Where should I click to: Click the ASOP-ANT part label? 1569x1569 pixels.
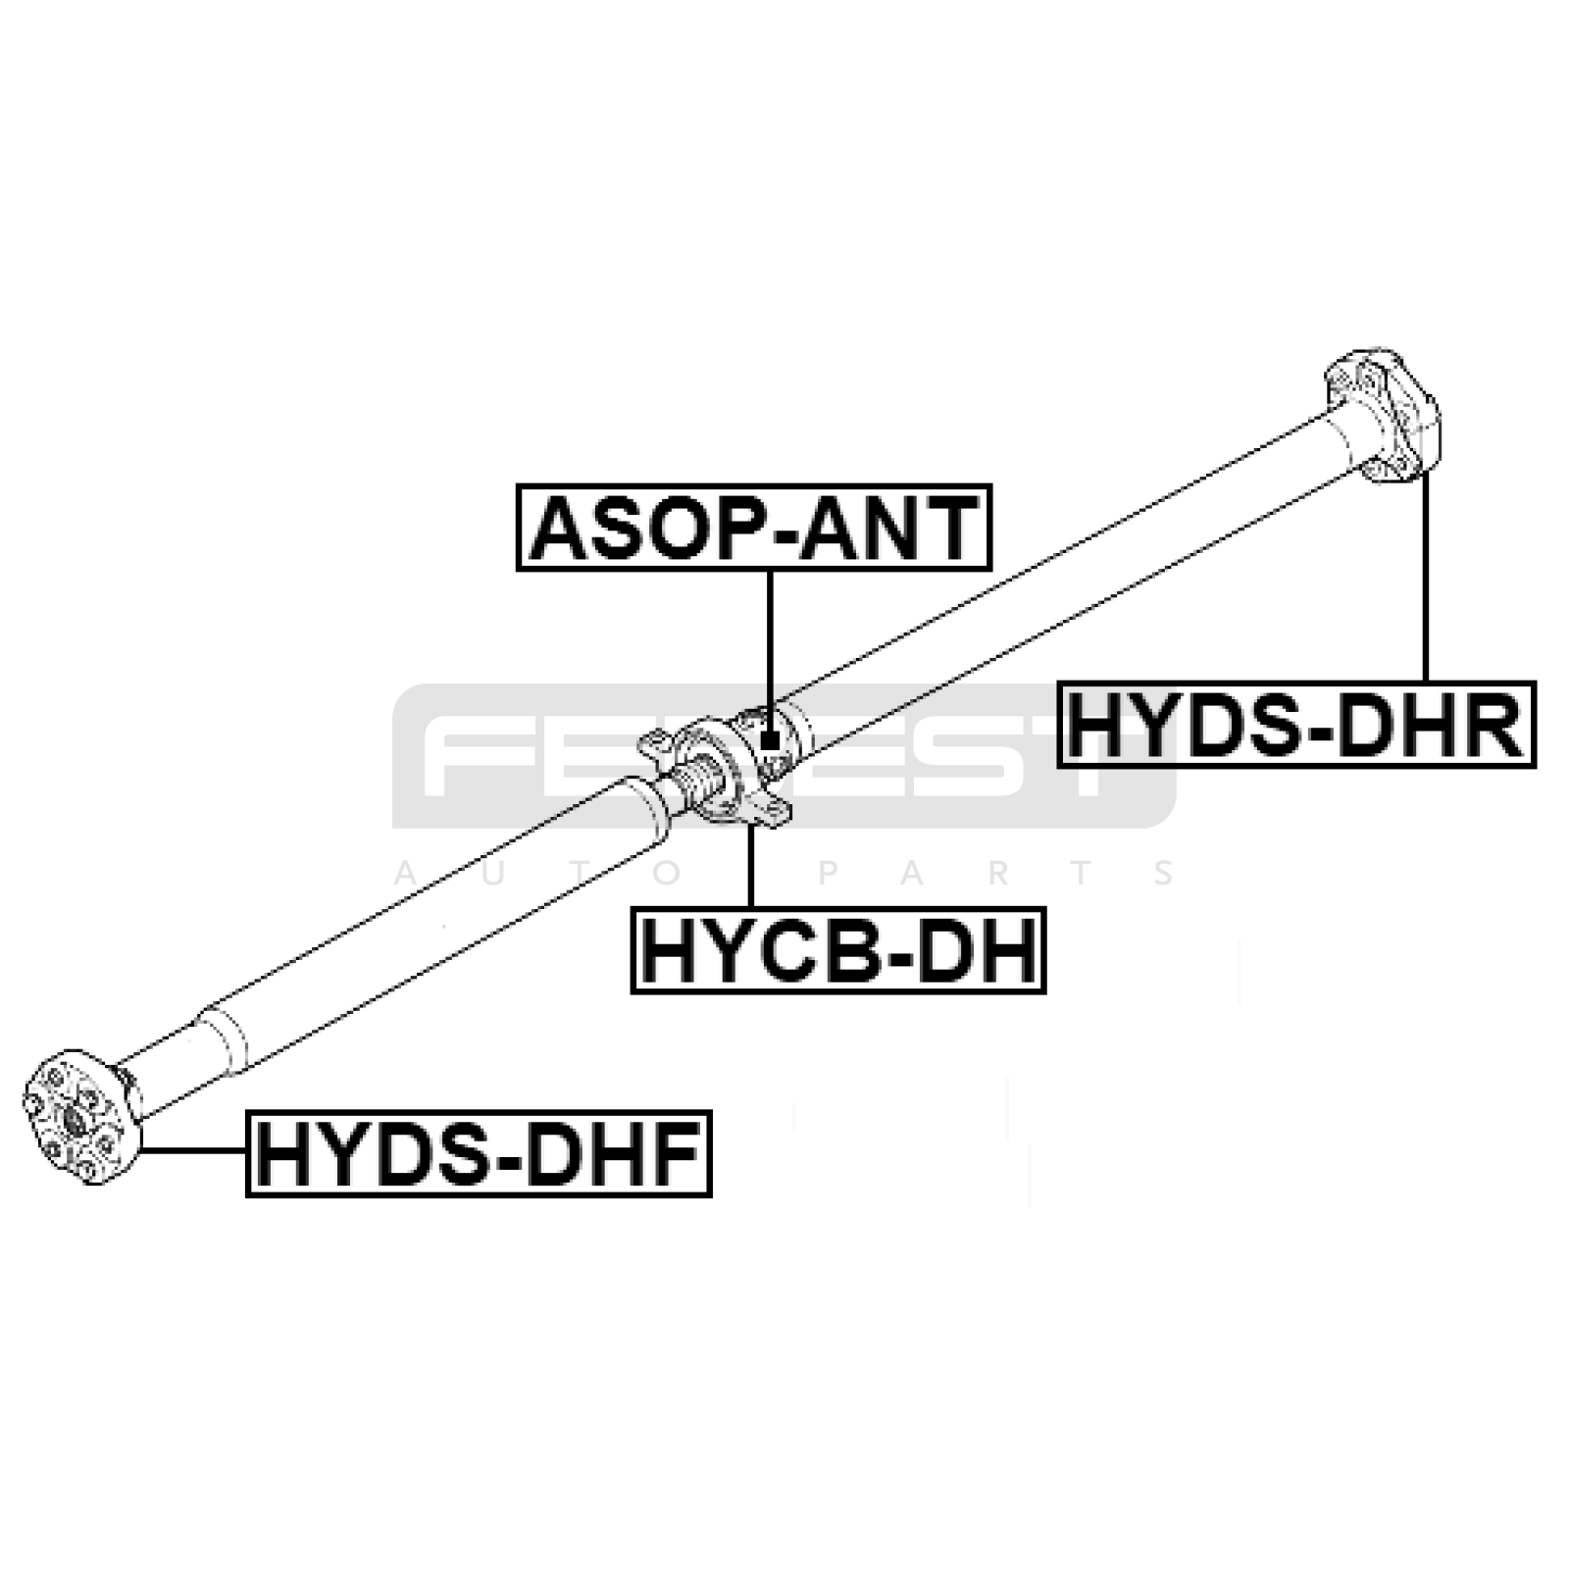753,528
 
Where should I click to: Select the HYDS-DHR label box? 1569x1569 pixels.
1295,725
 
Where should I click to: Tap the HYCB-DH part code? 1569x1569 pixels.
837,950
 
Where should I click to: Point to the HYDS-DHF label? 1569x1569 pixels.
478,1153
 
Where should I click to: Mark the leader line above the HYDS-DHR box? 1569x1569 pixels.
1424,579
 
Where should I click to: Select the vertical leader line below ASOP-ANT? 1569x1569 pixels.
771,647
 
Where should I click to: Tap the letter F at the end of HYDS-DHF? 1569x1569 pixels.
683,1153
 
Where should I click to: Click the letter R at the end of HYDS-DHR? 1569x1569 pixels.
1498,725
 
